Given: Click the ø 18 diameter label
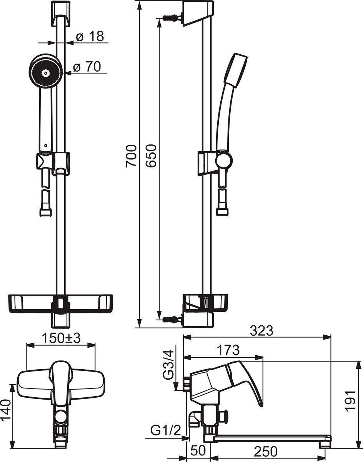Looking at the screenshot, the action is (90, 36).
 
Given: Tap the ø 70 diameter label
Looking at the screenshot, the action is (87, 67).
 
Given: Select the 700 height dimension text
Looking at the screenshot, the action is (131, 156).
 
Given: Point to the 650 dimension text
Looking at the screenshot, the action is (151, 156).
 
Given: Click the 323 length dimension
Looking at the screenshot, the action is (261, 331).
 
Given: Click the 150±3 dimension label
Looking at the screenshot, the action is (61, 338).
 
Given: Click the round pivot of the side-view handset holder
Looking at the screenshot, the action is (224, 161).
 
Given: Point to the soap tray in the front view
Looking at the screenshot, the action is (60, 303).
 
